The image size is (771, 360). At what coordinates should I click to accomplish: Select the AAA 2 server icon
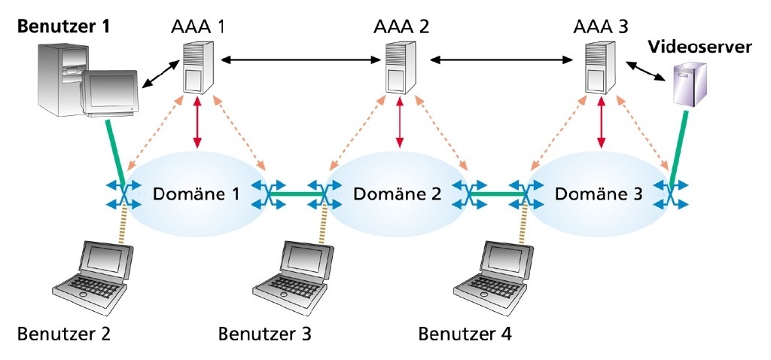[x=400, y=68]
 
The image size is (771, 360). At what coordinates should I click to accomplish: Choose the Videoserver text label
[x=699, y=47]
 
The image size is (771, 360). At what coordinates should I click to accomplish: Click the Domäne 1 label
[x=197, y=194]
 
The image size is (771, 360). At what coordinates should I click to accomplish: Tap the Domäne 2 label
[x=398, y=194]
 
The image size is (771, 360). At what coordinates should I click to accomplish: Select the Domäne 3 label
[x=599, y=194]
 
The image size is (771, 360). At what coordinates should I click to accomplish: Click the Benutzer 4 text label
[x=465, y=333]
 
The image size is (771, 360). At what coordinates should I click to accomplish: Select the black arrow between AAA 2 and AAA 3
[x=501, y=58]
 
